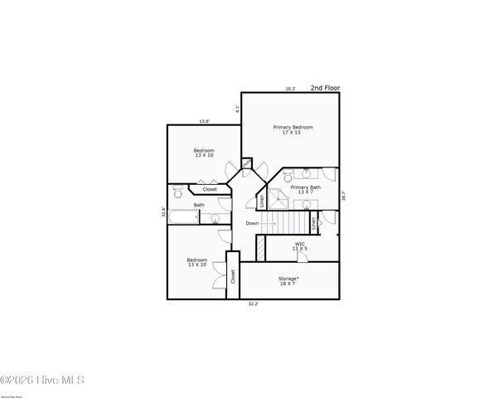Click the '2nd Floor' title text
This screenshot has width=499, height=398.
coord(325,87)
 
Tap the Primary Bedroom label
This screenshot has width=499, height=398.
coord(293,129)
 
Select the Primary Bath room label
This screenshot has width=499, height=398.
coord(306,190)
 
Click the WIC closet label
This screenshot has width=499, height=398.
coord(299,246)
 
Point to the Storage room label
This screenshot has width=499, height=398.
coord(288,281)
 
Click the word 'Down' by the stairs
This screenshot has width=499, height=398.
coord(252,223)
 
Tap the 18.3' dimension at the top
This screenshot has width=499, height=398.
coord(290,89)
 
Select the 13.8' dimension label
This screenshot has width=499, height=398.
coord(204,122)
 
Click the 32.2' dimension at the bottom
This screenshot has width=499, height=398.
coord(254,303)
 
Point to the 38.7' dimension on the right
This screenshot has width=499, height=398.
coord(343,197)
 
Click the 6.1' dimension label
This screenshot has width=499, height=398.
coord(238,108)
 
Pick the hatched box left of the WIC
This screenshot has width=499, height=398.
coord(260,248)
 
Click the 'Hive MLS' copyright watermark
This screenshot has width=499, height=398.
coord(42,381)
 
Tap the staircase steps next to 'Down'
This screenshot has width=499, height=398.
coord(289,223)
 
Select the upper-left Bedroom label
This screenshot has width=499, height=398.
coord(204,153)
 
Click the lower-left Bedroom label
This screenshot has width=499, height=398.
coord(197,263)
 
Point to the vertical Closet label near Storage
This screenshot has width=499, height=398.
coord(233,276)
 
